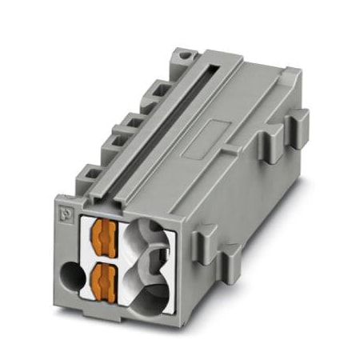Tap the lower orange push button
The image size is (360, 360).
[102, 280]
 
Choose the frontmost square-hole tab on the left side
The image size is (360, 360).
[90, 172]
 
